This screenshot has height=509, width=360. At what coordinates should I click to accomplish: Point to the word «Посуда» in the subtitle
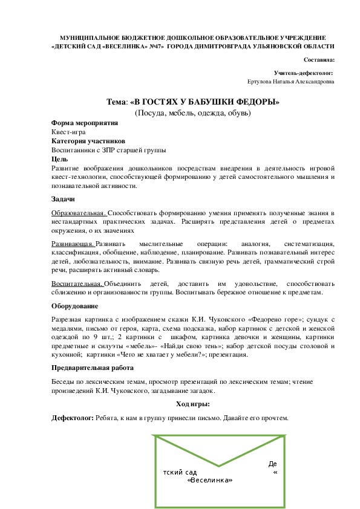pos(151,112)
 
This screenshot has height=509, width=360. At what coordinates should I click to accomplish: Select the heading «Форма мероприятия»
pos(85,123)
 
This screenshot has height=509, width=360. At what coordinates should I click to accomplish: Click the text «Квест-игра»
pos(68,132)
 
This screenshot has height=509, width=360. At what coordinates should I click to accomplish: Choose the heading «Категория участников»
pos(88,141)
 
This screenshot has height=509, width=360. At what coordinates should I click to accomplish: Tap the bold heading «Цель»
pos(61,159)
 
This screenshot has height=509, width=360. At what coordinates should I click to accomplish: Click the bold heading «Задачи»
pos(64,199)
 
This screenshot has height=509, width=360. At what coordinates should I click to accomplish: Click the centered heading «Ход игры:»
pos(193,404)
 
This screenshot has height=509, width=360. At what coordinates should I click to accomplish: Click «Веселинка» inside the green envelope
pos(211,481)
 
